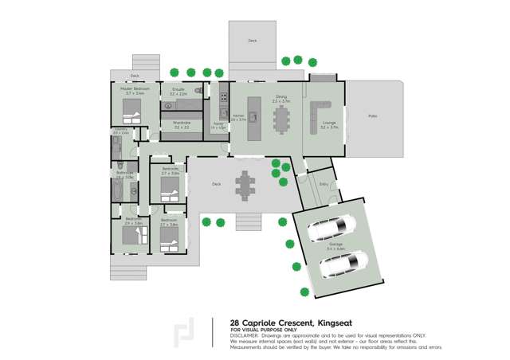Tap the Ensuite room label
point(178,89)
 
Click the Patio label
point(371,117)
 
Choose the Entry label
point(324,184)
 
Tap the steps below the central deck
point(249,221)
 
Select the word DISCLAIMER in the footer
point(245,335)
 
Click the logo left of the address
point(185,331)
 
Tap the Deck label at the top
point(253,40)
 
